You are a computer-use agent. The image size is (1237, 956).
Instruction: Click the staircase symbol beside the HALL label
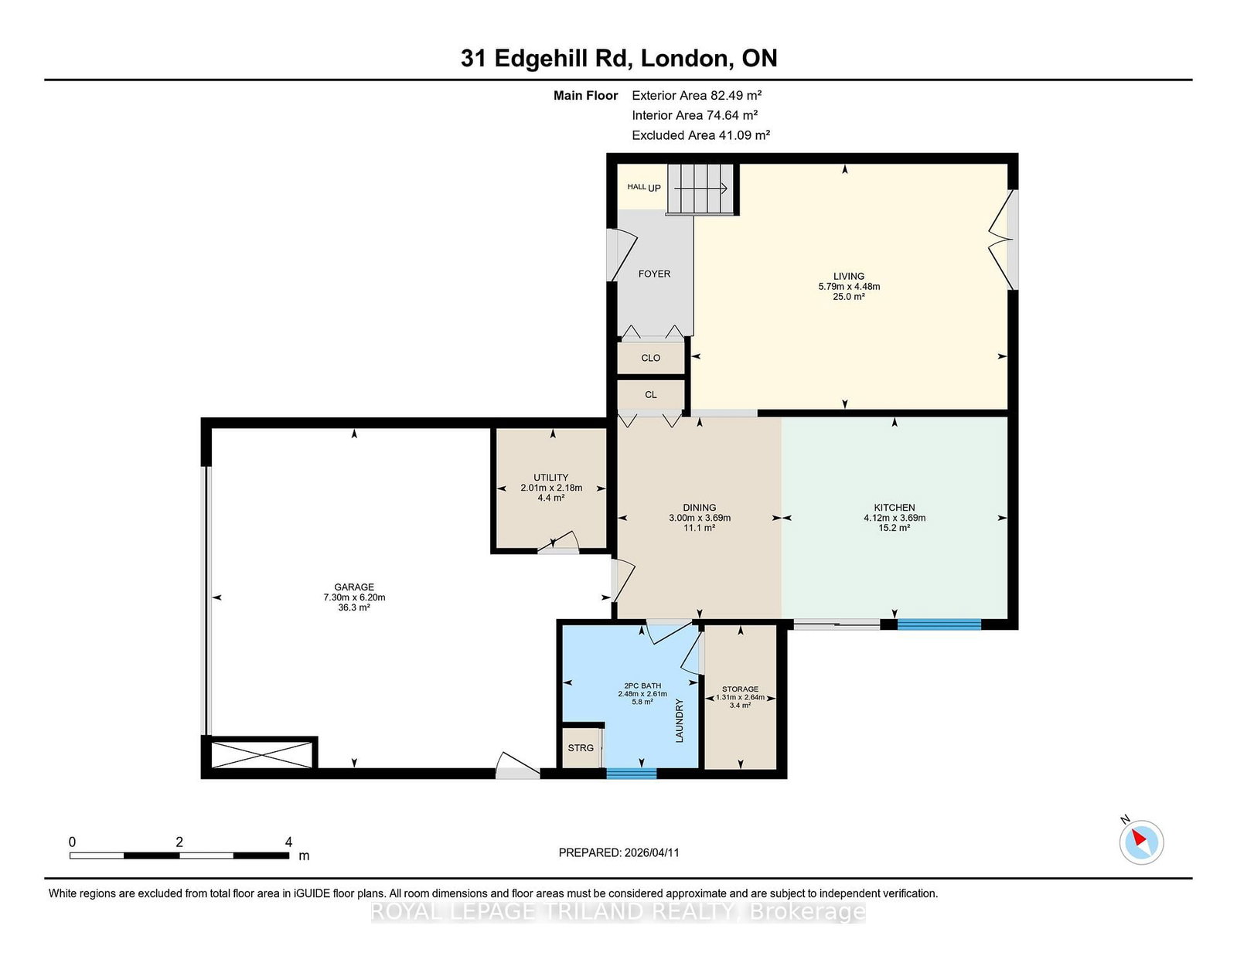(x=700, y=189)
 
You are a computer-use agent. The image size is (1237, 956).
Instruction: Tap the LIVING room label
(x=848, y=276)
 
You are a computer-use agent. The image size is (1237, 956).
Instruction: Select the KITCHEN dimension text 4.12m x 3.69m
(x=895, y=518)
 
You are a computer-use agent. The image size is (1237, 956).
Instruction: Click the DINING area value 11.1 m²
(x=699, y=528)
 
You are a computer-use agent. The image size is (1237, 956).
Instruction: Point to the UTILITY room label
(x=550, y=478)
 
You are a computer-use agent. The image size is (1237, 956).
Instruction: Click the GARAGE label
(x=354, y=587)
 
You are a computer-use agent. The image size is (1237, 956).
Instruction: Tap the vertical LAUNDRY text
(x=680, y=720)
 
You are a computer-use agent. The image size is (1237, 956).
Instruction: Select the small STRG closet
(x=581, y=748)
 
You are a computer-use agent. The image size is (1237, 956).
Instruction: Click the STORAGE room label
(x=740, y=689)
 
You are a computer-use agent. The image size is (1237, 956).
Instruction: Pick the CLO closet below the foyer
(x=651, y=358)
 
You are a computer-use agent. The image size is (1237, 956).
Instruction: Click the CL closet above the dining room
(x=651, y=395)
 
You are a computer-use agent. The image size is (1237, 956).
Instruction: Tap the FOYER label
(x=654, y=274)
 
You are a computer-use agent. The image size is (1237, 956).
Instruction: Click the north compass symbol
(x=1141, y=842)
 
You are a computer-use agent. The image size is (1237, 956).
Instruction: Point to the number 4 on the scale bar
(x=288, y=842)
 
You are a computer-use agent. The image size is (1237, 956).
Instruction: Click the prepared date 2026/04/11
(x=651, y=852)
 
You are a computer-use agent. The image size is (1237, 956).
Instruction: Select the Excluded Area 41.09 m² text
(x=700, y=135)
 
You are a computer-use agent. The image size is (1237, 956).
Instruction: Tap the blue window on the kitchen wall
(x=939, y=624)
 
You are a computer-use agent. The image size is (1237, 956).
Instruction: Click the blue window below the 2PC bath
(x=631, y=773)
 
